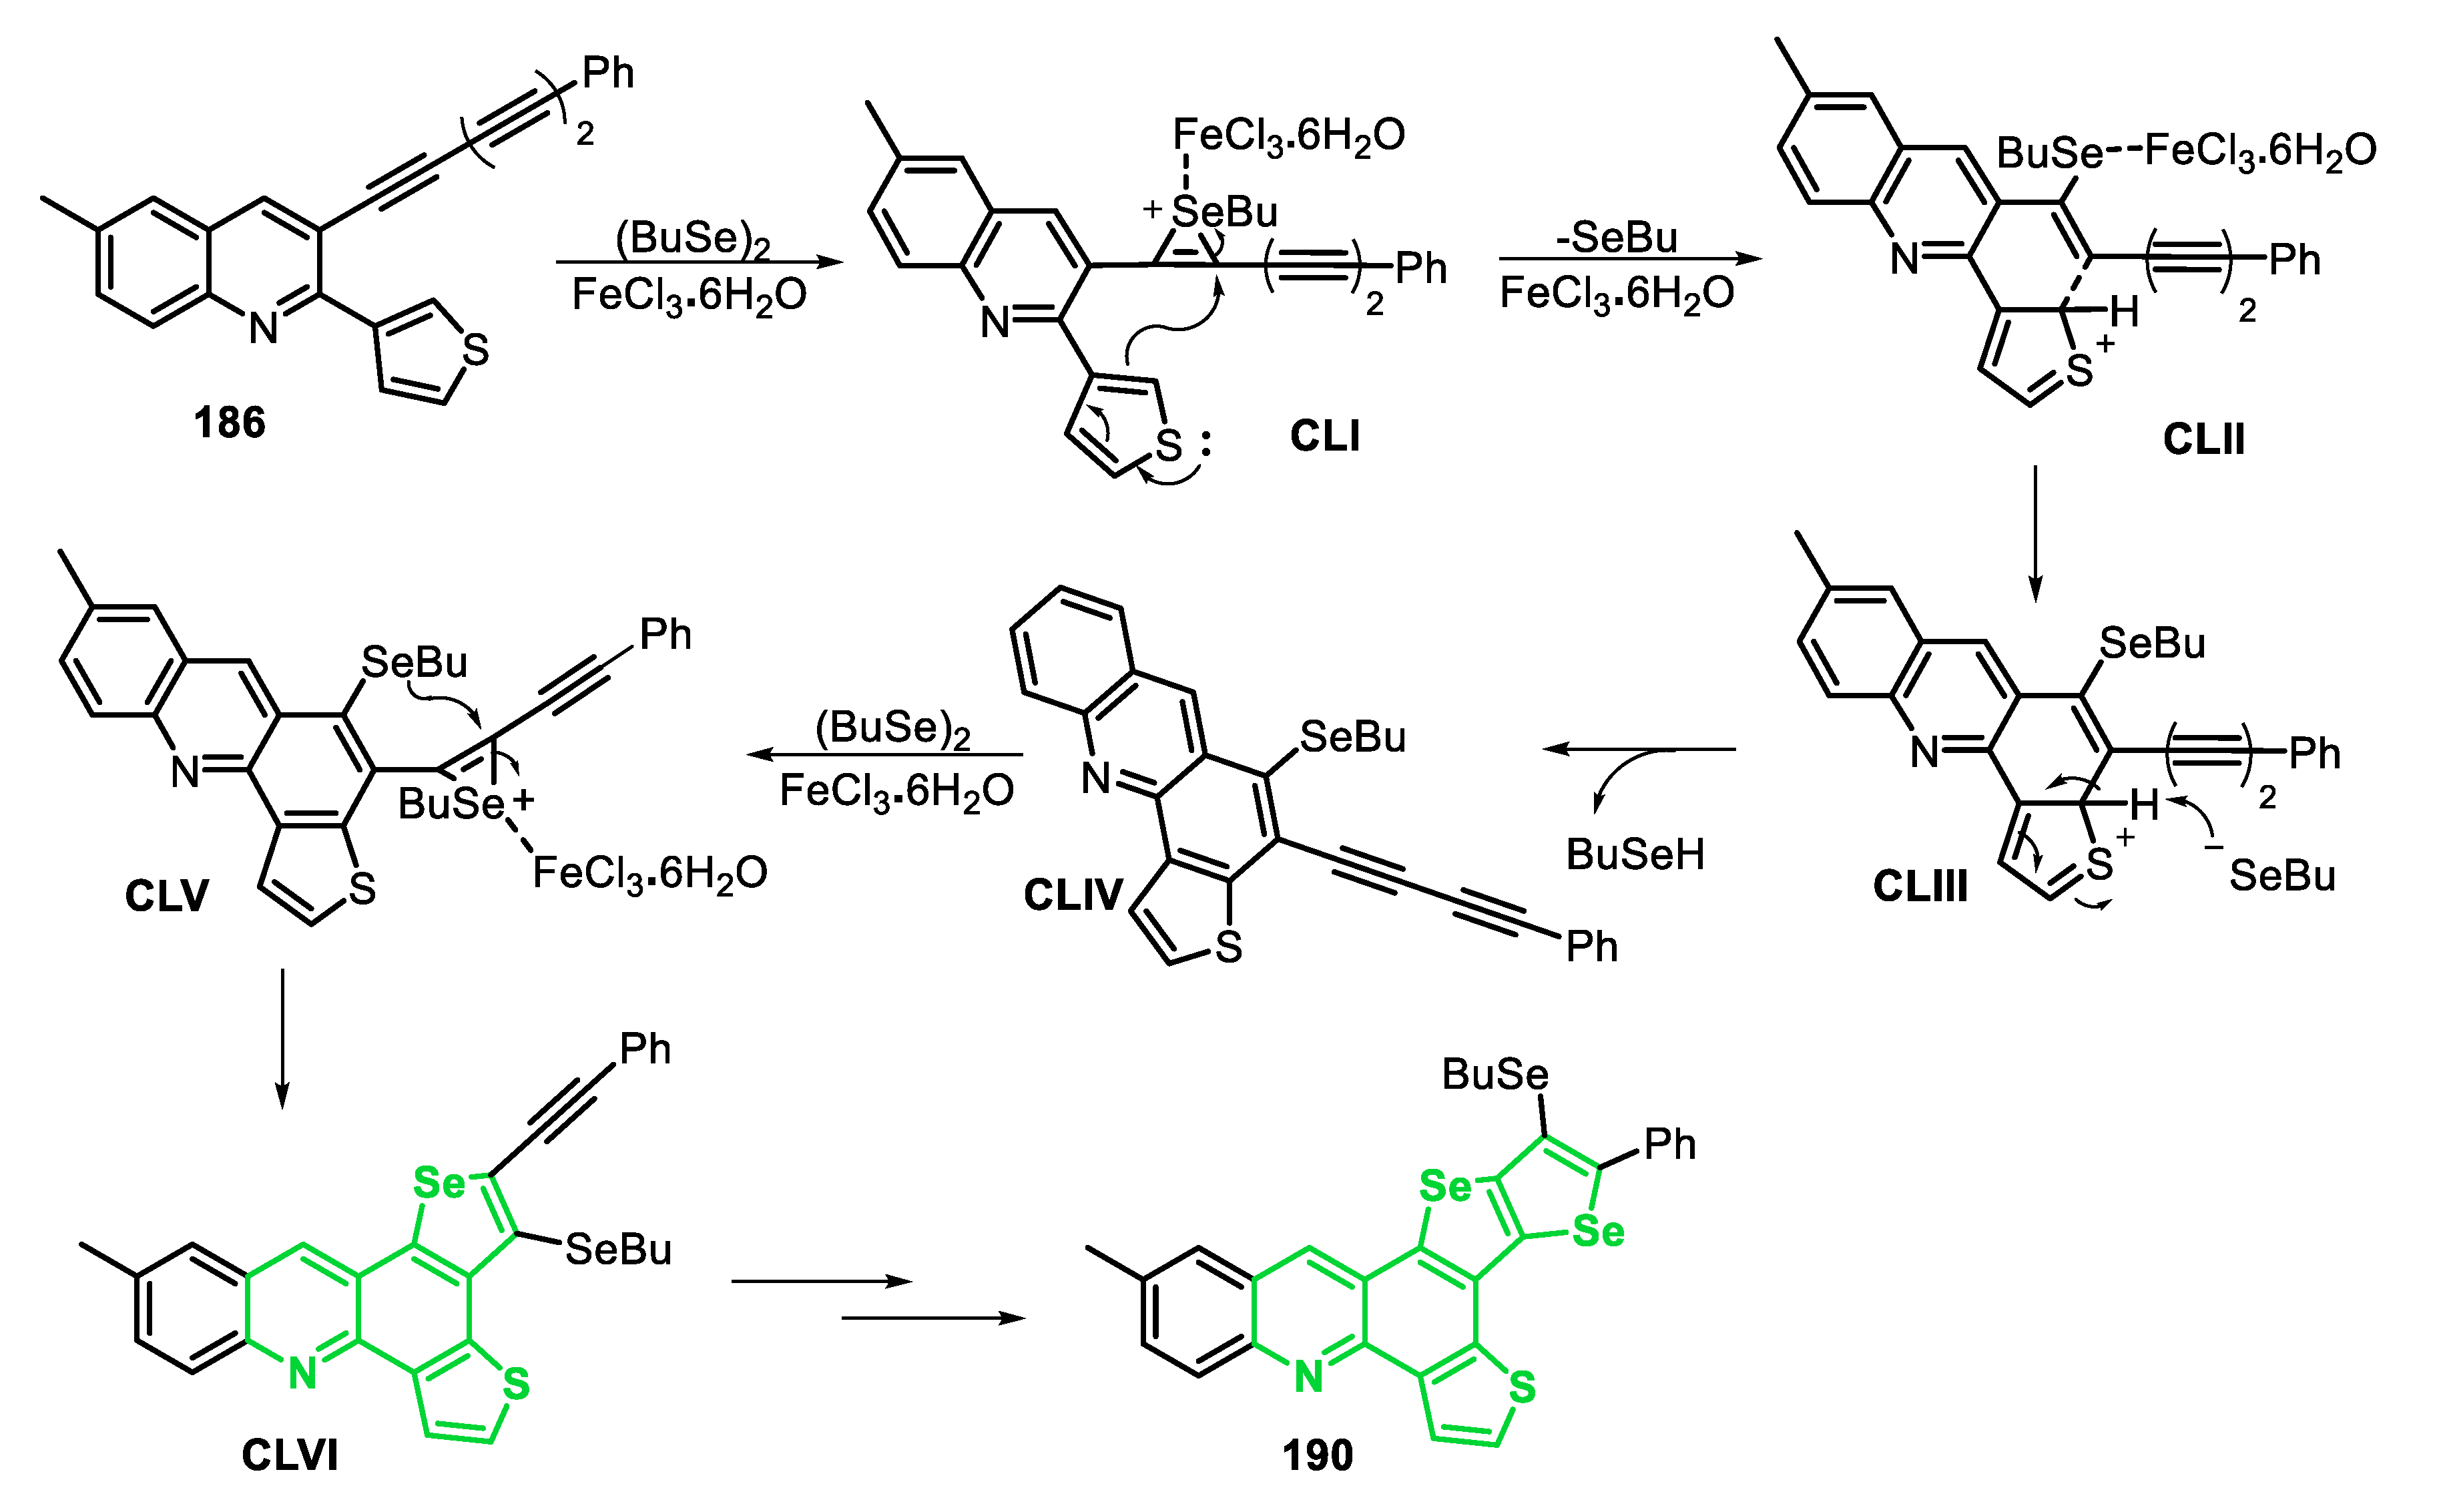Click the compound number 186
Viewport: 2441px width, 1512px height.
pyautogui.click(x=229, y=423)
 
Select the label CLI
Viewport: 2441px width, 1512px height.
pyautogui.click(x=1324, y=436)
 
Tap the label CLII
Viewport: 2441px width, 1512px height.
pyautogui.click(x=2203, y=439)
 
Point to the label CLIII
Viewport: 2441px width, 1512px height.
pyautogui.click(x=1919, y=886)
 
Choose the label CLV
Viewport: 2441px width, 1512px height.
pyautogui.click(x=166, y=895)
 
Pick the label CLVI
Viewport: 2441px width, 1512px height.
pyautogui.click(x=289, y=1454)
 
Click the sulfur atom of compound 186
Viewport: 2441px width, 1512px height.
pyautogui.click(x=476, y=350)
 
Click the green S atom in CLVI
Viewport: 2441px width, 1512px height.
pyautogui.click(x=515, y=1384)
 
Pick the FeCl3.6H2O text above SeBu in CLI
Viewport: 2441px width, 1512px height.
pyautogui.click(x=1288, y=135)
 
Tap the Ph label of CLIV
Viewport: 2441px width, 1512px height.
pyautogui.click(x=1591, y=946)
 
